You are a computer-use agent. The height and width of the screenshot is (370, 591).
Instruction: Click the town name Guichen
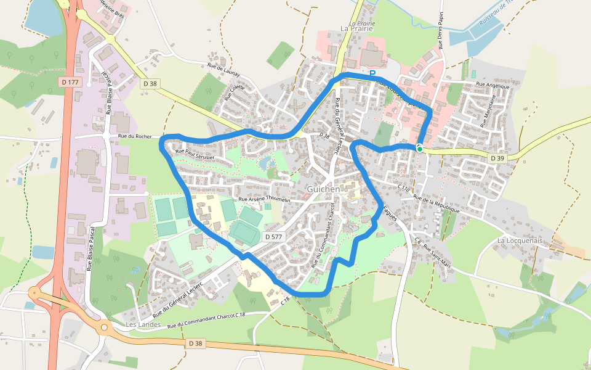(323, 189)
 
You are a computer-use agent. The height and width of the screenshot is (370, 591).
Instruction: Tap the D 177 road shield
(71, 81)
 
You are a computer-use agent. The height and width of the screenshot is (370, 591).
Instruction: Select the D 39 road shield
(497, 158)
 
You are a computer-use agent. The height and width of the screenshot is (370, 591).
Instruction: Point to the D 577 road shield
(274, 237)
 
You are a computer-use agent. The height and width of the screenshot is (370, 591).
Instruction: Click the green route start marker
(420, 149)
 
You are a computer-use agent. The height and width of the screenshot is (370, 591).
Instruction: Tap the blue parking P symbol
(372, 74)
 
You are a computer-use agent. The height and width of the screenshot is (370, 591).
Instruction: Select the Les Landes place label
(139, 324)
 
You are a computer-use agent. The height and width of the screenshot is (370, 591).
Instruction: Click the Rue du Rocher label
(134, 136)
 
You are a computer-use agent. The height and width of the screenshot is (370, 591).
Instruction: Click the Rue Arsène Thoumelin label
(263, 200)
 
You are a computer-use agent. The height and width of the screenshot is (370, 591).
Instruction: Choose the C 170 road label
(404, 187)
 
